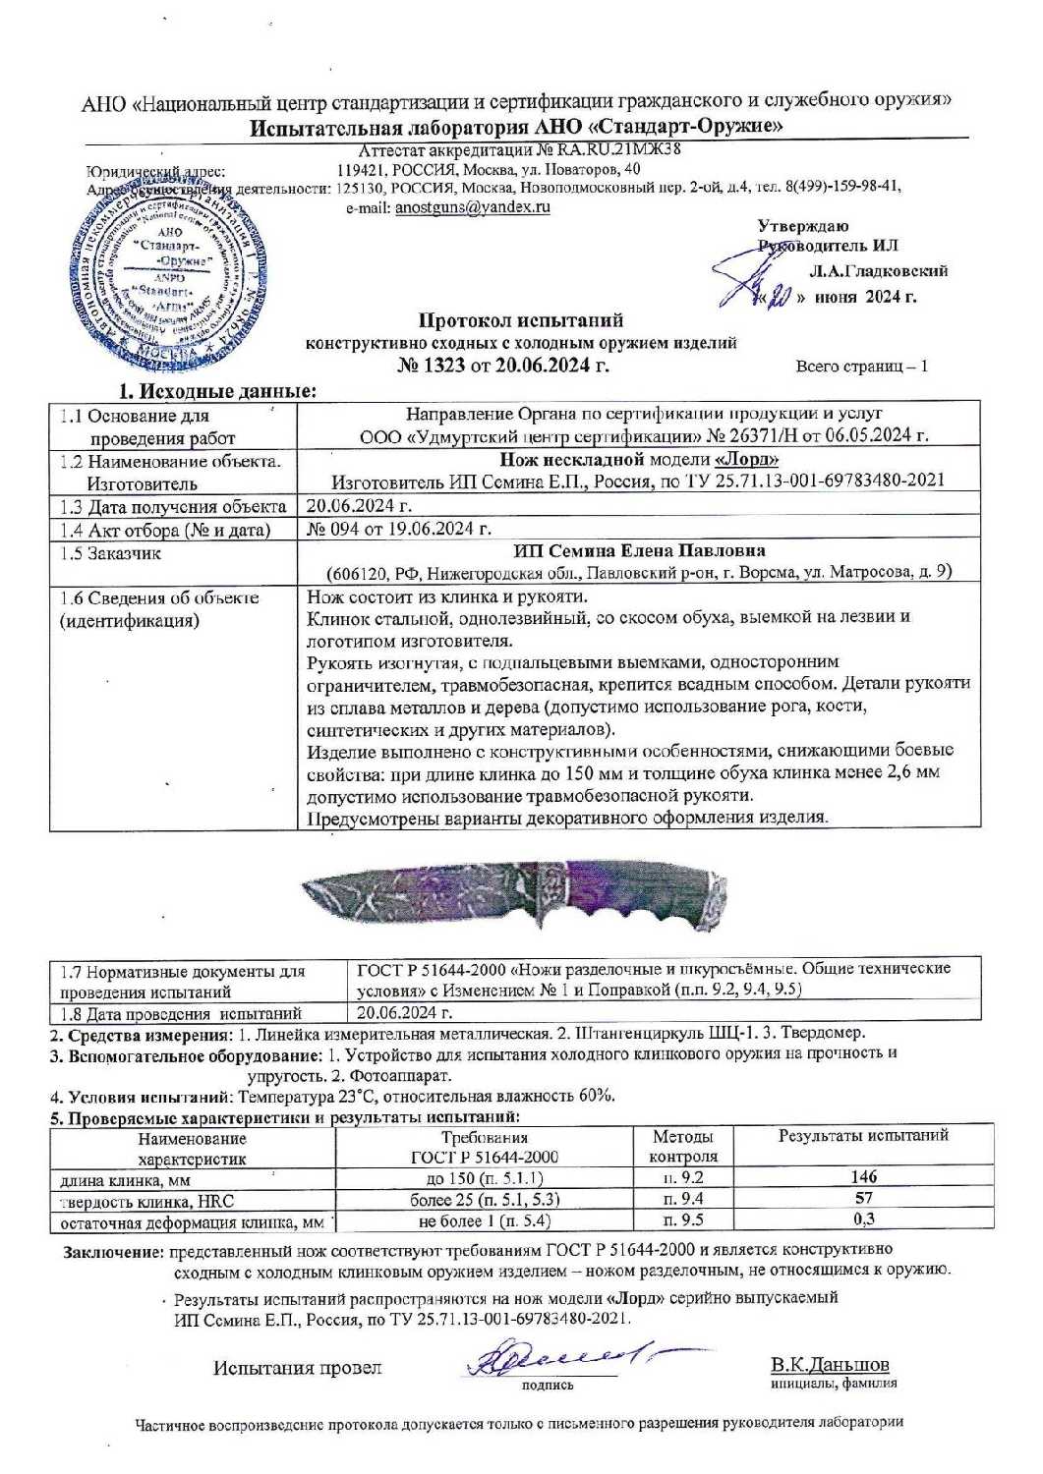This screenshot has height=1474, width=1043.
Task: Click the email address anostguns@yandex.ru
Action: tap(472, 207)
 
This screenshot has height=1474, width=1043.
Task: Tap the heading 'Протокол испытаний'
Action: tap(521, 320)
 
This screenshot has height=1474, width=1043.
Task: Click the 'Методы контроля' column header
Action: tap(684, 1146)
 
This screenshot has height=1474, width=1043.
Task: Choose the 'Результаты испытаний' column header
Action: tap(863, 1136)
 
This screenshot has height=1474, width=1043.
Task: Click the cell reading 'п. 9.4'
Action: tap(684, 1198)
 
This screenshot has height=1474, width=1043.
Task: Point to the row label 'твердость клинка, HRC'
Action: tap(147, 1200)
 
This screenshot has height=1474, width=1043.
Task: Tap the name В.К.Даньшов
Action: tap(831, 1365)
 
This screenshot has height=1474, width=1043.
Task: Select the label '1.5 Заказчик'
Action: tap(111, 553)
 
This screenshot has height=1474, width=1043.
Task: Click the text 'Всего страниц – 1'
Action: tap(861, 367)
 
